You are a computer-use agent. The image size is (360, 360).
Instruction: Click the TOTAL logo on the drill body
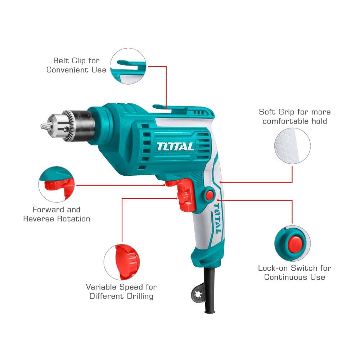coord(175,147)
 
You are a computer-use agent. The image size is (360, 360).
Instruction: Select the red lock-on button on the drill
coord(210,195)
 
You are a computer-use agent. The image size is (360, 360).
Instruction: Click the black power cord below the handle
coord(210,291)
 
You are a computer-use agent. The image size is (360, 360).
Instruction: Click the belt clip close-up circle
coord(128,66)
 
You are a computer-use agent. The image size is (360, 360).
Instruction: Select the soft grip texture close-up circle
coord(292,146)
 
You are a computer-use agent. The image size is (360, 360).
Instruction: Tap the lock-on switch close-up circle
coord(292,243)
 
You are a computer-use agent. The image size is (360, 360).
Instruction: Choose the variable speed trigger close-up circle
coord(122,262)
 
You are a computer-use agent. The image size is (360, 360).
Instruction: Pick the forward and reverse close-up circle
coord(57,184)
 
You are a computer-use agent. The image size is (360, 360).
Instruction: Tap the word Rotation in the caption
coord(73,219)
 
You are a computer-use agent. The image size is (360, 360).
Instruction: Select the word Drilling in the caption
coord(140,296)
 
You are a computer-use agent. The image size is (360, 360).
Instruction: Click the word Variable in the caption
coord(101,287)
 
